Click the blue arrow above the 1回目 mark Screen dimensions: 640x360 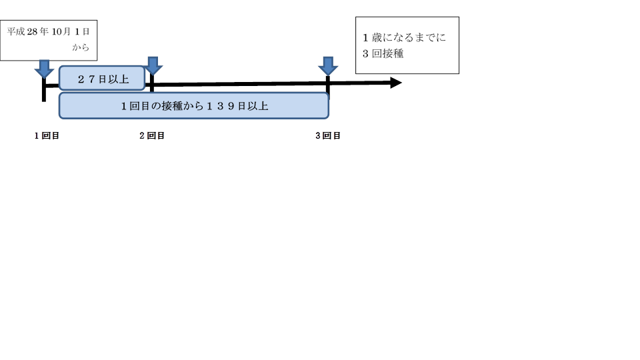coord(44,69)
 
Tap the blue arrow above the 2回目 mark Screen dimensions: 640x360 coord(153,66)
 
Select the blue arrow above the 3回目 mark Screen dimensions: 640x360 coord(328,66)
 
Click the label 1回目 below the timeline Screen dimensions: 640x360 coord(47,135)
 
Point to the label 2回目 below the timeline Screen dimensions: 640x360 coord(152,135)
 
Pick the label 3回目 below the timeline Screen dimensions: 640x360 coord(328,135)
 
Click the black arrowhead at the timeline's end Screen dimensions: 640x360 coord(396,83)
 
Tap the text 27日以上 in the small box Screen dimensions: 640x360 coord(103,79)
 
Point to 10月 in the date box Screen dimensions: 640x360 coord(61,31)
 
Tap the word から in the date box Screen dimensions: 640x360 coord(81,47)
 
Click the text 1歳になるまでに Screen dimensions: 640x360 coord(404,37)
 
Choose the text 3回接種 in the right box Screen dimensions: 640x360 coord(383,53)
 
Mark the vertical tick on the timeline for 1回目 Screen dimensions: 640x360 coord(44,89)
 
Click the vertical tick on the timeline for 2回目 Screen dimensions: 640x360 coord(152,83)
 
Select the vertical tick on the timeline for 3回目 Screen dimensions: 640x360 coord(328,86)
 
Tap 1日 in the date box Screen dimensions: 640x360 coord(82,31)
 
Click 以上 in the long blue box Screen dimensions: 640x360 coord(257,106)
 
